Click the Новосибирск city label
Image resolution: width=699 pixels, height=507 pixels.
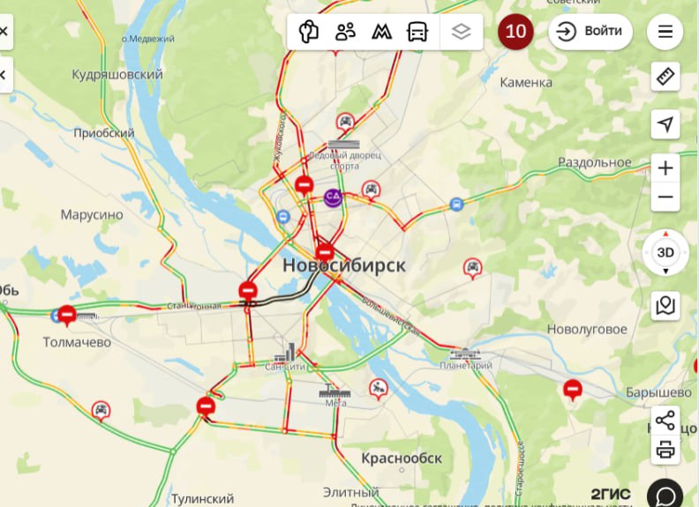coord(344,265)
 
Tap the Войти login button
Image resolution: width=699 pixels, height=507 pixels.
coord(590,32)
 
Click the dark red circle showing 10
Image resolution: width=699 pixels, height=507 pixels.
coord(515,32)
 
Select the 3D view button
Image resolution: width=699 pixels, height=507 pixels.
coord(665,252)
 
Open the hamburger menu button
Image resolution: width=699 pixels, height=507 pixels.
coord(665,32)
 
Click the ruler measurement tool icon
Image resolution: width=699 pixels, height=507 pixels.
coord(665,77)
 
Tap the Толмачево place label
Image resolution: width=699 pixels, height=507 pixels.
coord(78,341)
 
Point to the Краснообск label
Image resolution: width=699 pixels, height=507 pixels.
coord(402,459)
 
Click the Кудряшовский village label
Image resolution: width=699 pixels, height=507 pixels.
coord(117,75)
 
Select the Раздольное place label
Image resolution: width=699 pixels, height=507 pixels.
coord(595,162)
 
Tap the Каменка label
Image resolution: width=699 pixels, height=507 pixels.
coord(526,82)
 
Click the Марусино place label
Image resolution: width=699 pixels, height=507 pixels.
coord(92,214)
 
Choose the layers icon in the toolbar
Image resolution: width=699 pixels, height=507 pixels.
coord(461,32)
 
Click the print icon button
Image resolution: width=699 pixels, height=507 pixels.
coord(665,450)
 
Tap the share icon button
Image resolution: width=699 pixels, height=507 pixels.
coord(665,420)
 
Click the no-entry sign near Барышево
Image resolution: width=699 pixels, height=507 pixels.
coord(573,388)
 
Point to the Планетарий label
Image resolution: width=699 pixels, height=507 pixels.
coord(466,365)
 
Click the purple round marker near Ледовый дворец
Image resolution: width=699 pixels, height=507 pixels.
coord(334,197)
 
